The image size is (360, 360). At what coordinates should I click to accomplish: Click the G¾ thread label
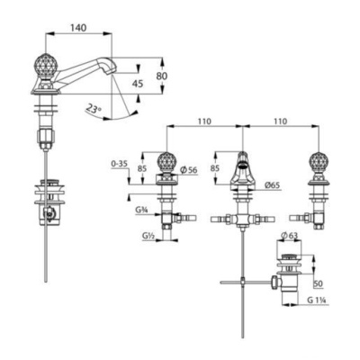141,211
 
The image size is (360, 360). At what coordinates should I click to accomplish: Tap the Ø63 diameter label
287,237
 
